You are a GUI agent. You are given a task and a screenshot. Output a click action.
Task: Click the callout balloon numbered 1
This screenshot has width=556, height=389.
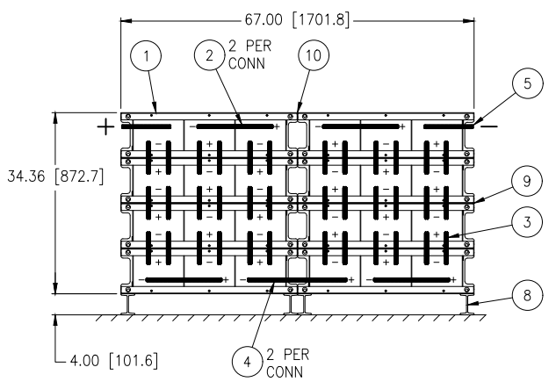pyautogui.click(x=146, y=55)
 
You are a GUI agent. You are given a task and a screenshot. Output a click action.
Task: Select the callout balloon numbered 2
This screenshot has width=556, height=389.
pyautogui.click(x=210, y=55)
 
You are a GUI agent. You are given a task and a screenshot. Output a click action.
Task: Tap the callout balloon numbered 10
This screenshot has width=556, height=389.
pyautogui.click(x=314, y=55)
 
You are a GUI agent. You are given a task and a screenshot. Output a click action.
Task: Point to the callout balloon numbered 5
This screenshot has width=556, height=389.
pyautogui.click(x=528, y=83)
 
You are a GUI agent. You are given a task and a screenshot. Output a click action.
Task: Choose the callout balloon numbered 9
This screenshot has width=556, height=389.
pyautogui.click(x=527, y=181)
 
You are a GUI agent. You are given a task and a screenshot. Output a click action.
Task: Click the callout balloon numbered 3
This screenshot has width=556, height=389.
pyautogui.click(x=527, y=222)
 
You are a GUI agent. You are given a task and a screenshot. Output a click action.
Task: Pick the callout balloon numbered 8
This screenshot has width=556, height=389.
pyautogui.click(x=527, y=295)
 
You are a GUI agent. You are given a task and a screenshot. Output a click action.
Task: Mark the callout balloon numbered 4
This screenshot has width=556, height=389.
pyautogui.click(x=248, y=362)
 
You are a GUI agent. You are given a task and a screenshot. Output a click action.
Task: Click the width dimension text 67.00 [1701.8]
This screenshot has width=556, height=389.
pyautogui.click(x=297, y=20)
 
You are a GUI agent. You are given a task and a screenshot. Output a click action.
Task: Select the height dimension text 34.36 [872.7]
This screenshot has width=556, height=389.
pyautogui.click(x=55, y=176)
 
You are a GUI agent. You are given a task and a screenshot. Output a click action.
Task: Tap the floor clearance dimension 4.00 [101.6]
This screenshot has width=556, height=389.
pyautogui.click(x=114, y=361)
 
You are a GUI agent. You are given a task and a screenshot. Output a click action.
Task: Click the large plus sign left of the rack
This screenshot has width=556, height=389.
pyautogui.click(x=105, y=127)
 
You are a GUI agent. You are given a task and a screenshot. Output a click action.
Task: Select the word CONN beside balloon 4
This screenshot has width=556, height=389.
pyautogui.click(x=285, y=372)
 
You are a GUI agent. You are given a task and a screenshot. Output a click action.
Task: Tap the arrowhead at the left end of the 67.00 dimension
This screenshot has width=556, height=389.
pyautogui.click(x=126, y=21)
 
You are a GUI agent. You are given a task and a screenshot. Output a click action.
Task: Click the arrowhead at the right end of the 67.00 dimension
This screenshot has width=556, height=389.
pyautogui.click(x=469, y=21)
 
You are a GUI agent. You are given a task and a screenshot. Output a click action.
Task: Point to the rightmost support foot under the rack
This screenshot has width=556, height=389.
pyautogui.click(x=467, y=304)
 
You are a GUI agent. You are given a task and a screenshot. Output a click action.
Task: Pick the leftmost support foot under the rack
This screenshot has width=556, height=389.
pyautogui.click(x=127, y=304)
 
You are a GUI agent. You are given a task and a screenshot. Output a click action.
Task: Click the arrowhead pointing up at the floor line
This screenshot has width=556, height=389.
pyautogui.click(x=55, y=321)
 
